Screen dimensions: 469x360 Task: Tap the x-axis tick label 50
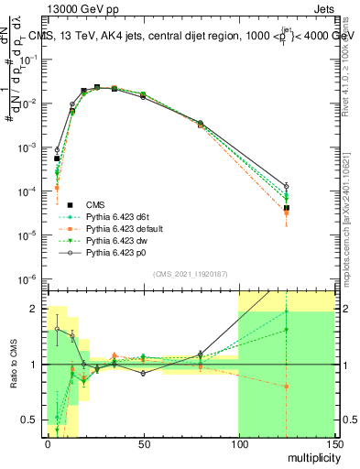[143, 442]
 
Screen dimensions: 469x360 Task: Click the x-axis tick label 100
[238, 442]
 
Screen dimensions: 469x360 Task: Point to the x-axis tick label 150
[333, 442]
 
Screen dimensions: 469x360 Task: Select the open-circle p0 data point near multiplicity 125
[287, 186]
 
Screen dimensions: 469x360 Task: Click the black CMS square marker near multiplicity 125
[287, 208]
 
